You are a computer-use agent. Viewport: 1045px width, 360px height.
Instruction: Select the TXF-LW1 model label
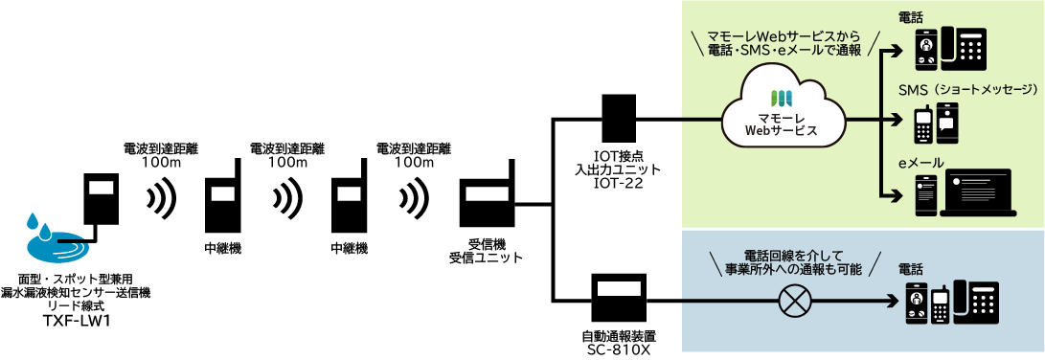click(75, 321)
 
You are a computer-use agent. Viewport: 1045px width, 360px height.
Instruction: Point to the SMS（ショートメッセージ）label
click(968, 89)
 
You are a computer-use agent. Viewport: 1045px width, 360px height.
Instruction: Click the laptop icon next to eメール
click(977, 191)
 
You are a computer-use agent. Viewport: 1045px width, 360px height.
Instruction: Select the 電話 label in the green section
click(913, 18)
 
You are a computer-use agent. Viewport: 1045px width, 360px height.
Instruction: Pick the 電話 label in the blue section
click(913, 270)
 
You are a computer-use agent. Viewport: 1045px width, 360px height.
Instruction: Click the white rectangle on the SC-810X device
click(621, 286)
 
